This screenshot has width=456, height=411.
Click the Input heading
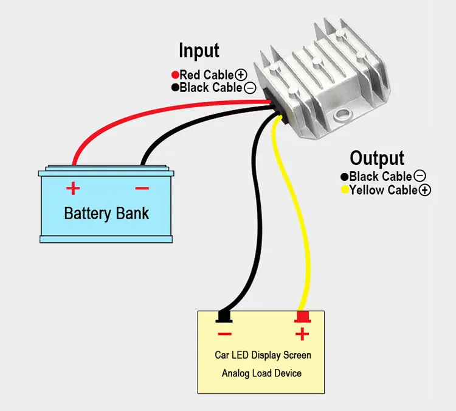(x=199, y=51)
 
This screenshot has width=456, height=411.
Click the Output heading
(x=377, y=158)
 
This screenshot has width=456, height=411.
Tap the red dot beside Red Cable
(x=175, y=75)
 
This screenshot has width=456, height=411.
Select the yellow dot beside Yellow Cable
(x=345, y=190)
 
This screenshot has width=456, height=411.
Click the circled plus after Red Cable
(x=241, y=75)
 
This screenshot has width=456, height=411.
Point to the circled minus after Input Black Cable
(x=250, y=88)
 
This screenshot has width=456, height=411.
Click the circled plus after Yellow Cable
(x=425, y=190)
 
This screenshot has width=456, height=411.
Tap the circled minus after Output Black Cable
(x=420, y=177)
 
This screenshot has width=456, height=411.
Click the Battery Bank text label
(x=106, y=214)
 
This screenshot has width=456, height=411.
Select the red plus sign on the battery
(x=73, y=188)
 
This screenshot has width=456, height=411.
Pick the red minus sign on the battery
(x=142, y=188)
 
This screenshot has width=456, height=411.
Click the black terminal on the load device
(x=224, y=317)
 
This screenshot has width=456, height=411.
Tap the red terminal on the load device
(x=302, y=317)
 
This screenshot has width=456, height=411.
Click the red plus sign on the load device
(x=302, y=334)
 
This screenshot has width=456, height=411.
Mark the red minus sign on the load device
(x=224, y=334)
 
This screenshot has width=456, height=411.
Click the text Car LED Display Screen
(x=263, y=355)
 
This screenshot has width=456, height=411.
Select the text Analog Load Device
(x=261, y=373)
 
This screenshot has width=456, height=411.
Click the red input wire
(x=152, y=113)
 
